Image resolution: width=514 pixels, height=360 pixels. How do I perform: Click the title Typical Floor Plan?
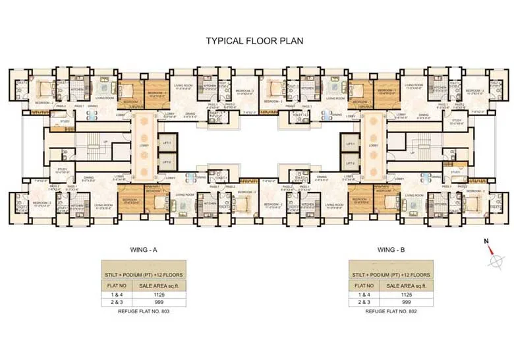point(256,41)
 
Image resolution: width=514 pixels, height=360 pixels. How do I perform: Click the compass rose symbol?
point(494,261)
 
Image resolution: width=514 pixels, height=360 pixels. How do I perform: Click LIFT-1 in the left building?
point(167,143)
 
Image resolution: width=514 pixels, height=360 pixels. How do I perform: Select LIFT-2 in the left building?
point(167,162)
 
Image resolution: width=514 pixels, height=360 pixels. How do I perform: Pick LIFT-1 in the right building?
point(349,143)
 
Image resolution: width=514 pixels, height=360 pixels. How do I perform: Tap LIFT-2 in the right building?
point(349,162)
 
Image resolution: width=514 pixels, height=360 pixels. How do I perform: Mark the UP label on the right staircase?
point(413,153)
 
